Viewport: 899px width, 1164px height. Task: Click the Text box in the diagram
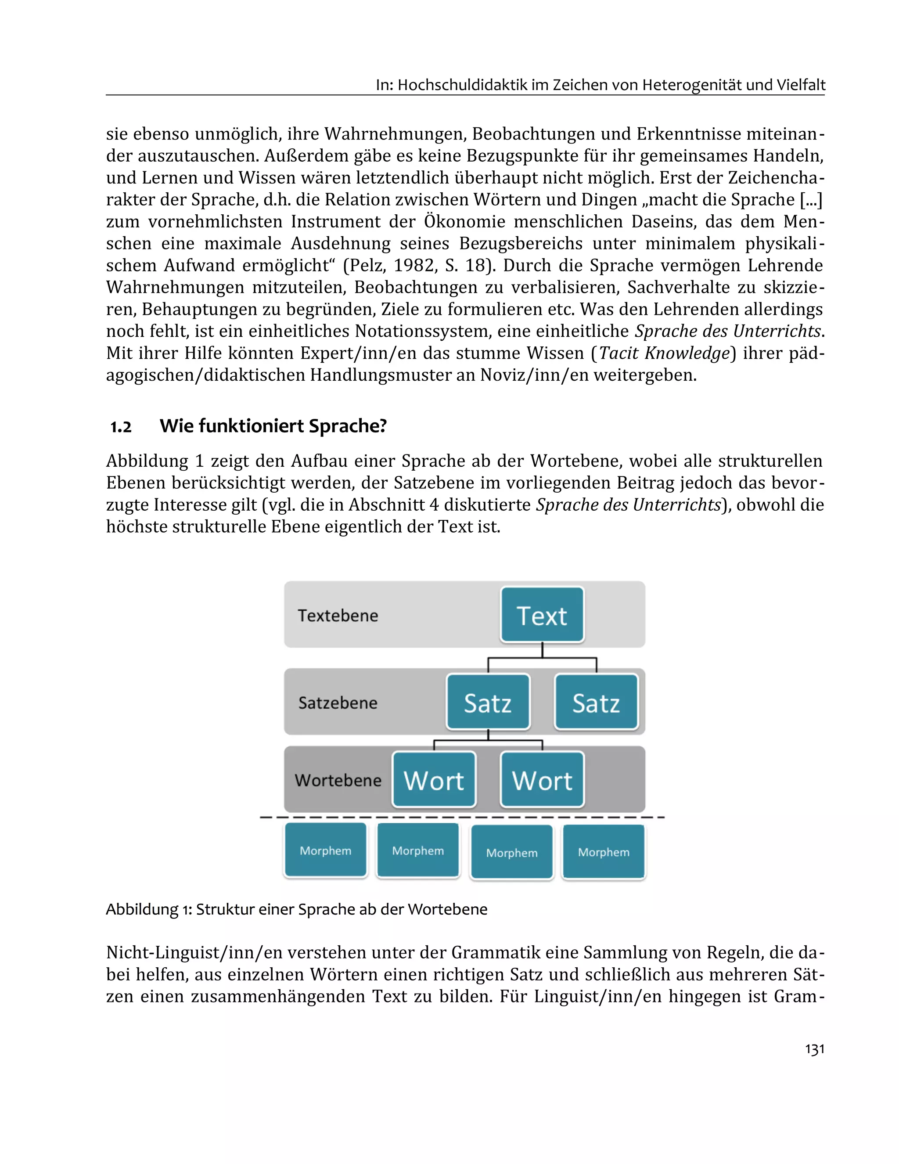coord(542,615)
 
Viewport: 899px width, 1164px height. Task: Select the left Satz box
coord(488,702)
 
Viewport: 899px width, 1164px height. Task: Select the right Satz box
coord(596,702)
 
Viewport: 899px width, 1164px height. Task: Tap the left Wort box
coord(434,780)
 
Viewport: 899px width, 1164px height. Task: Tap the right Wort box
coord(542,780)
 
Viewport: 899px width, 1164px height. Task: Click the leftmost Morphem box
coord(325,850)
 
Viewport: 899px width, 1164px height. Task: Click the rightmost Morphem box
coord(604,852)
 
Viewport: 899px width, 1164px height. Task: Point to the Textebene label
coord(338,616)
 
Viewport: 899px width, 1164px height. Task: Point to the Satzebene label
coord(338,703)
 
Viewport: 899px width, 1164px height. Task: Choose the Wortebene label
coord(338,780)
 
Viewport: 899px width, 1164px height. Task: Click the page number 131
coord(814,1049)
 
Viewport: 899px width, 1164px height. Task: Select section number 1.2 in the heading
coord(121,427)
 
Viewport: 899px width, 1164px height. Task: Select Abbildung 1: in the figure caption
coord(149,909)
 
